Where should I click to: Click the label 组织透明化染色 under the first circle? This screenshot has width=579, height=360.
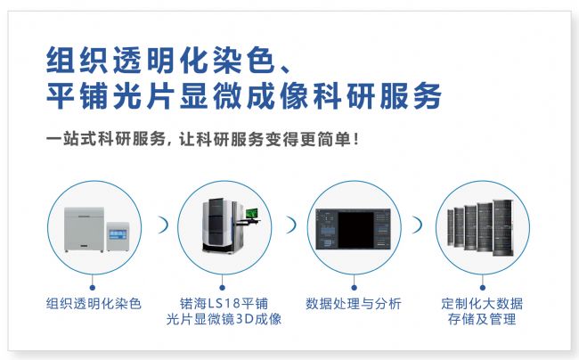point(94,304)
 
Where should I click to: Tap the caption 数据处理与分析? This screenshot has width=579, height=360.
point(354,304)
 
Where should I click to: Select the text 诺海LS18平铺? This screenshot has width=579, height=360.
point(224,304)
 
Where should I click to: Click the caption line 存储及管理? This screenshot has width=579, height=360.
point(482,319)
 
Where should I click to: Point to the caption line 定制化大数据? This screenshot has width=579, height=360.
point(482,304)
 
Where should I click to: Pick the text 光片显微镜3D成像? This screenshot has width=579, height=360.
point(224,319)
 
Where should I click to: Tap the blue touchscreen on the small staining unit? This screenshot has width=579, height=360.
point(118,234)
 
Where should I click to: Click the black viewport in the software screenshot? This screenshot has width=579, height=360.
point(356,230)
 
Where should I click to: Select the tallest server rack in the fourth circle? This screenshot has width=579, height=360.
point(503,227)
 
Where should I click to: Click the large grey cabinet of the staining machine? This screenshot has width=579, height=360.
point(85,229)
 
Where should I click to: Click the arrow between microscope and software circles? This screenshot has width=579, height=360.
point(292,225)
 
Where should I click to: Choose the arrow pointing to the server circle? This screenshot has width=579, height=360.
point(419,225)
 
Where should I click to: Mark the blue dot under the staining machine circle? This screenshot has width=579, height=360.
point(93,287)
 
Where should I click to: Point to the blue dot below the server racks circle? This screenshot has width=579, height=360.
point(482,287)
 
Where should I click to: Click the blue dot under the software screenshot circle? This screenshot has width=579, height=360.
point(354,287)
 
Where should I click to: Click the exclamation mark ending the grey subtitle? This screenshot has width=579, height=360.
point(355,139)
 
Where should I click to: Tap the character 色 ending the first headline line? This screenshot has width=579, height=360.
point(262,60)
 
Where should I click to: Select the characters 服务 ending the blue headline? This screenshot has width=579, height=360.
point(411,95)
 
